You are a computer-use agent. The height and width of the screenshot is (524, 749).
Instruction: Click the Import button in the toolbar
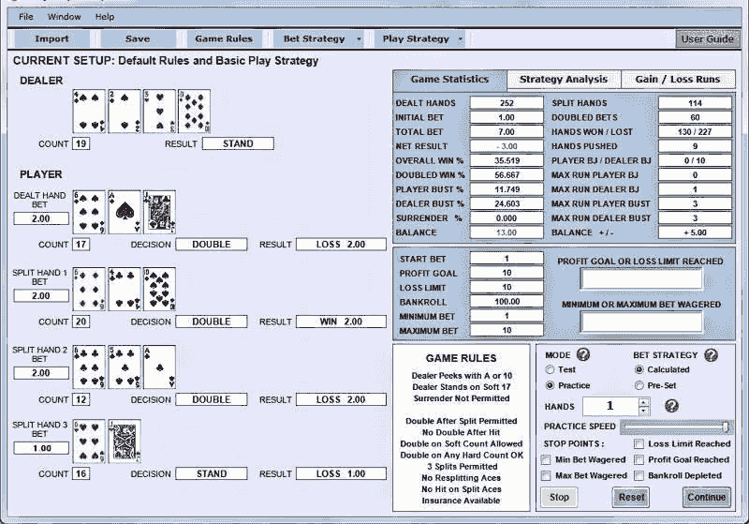[x=51, y=39]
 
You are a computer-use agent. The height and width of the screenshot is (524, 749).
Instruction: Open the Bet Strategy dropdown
[x=322, y=39]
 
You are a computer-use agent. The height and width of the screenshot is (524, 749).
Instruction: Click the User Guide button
[x=707, y=39]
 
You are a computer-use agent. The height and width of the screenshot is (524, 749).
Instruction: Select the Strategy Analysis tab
[x=563, y=80]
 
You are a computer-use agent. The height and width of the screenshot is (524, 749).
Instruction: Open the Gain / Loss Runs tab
[x=678, y=80]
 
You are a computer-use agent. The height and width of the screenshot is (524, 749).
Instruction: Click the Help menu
[x=105, y=17]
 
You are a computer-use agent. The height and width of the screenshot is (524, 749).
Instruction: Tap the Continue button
[x=707, y=497]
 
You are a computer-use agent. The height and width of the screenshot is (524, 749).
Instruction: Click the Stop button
[x=559, y=497]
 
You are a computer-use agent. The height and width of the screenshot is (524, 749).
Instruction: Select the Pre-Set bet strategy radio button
[x=639, y=385]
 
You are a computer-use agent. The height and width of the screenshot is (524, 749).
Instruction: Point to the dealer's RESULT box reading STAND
[x=238, y=143]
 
